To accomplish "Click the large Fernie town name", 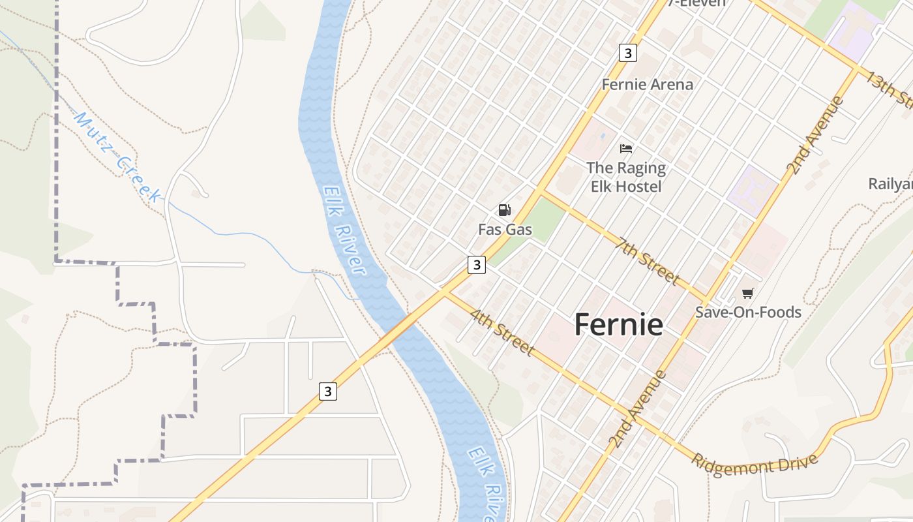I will pos(618,324).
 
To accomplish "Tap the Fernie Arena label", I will pos(647,84).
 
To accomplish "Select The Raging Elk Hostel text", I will pos(626,177).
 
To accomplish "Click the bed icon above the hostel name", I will pos(626,148).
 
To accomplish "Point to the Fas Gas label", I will pos(505,230).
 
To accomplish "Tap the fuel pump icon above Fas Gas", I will pos(504,210).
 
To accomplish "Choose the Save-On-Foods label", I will pos(748,312).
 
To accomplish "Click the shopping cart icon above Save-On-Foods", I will pos(747,293).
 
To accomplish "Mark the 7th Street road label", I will pos(648,260).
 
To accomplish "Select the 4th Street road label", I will pos(501,333).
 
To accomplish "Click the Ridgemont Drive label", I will pos(755,465).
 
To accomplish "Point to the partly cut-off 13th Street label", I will pos(888,87).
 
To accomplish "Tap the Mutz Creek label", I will pos(117,157).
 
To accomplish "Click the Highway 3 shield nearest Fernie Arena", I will pos(627,53).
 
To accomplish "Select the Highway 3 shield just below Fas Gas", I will pos(477,265).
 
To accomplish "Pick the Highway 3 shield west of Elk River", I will pos(328,391).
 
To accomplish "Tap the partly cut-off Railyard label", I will pos(891,184).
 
